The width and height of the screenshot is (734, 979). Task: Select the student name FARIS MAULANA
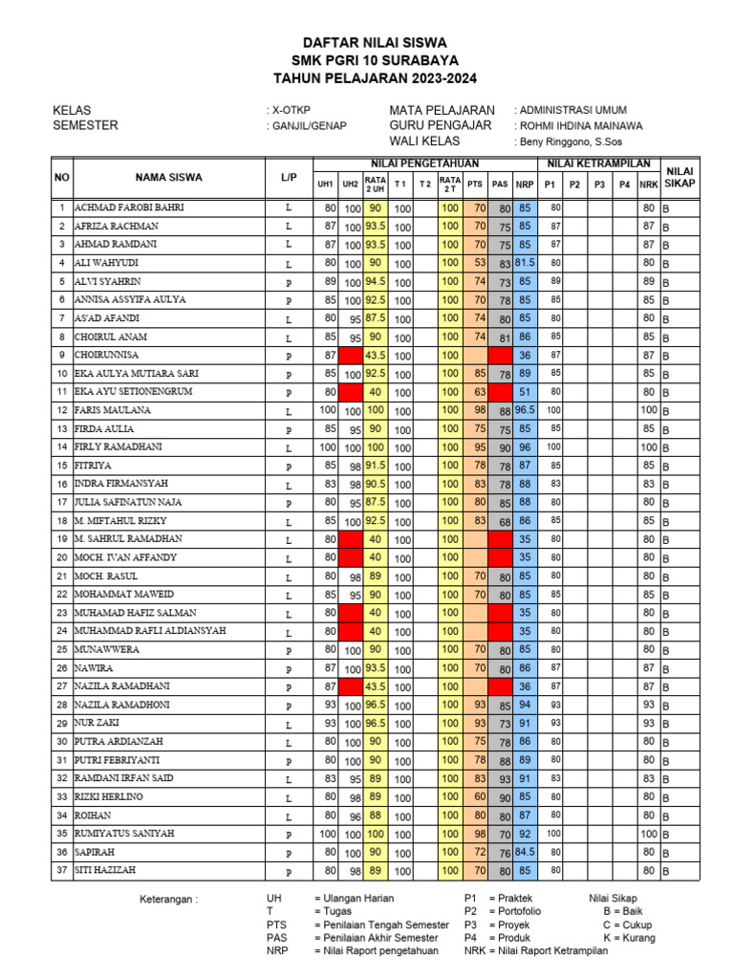(x=113, y=410)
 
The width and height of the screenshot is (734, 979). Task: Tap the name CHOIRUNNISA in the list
(x=108, y=355)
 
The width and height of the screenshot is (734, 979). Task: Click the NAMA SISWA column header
(x=168, y=177)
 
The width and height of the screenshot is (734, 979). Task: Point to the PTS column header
(x=474, y=184)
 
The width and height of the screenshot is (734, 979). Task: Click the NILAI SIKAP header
(x=680, y=176)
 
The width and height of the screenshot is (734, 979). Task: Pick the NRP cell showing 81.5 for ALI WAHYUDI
(x=524, y=263)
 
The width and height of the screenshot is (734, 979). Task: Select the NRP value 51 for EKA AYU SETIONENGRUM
(x=524, y=392)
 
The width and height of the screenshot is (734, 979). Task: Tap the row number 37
(x=61, y=871)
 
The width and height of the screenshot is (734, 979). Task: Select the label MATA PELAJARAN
(x=442, y=110)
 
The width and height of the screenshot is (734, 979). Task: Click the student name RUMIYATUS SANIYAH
(x=125, y=834)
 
